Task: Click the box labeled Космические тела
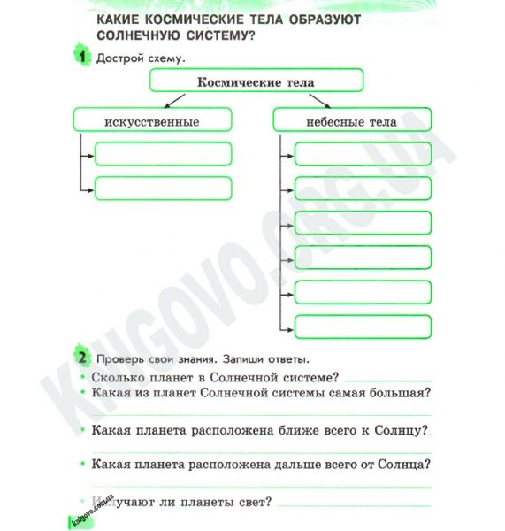[x=256, y=82]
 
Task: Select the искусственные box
[x=151, y=120]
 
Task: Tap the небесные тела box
[x=351, y=120]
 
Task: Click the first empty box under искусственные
[x=163, y=155]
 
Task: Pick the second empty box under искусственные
[x=163, y=189]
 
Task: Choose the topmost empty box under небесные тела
[x=363, y=155]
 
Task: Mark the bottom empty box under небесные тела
[x=363, y=327]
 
